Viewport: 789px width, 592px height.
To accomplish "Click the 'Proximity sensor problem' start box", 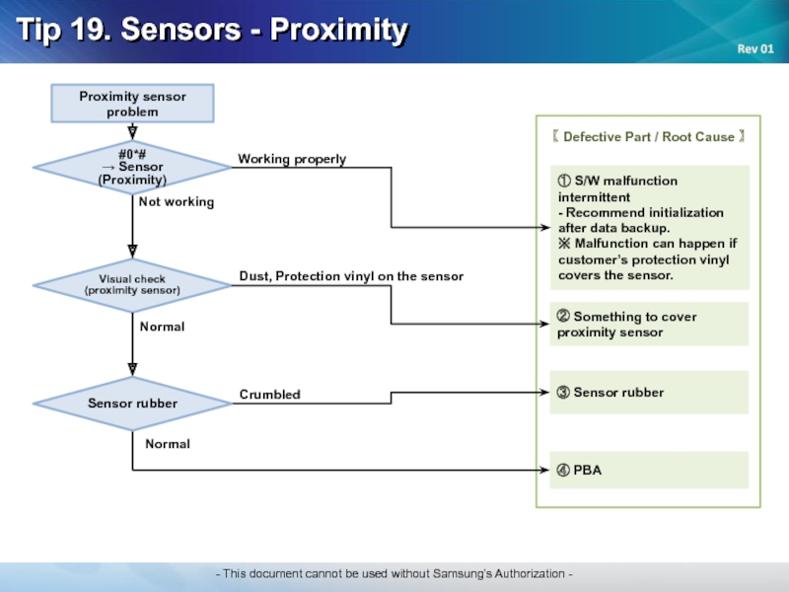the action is pos(132,104).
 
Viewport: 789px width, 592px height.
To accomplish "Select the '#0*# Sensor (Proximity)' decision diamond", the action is pos(132,167).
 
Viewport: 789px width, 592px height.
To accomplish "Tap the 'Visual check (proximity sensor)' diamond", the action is pos(132,285).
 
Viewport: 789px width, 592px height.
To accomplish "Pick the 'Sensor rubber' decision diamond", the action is pos(132,404).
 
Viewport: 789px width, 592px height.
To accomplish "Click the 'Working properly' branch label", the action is pos(292,159).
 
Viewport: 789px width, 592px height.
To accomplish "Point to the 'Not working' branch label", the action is pos(177,202).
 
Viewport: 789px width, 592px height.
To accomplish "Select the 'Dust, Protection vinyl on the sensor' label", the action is pos(351,276).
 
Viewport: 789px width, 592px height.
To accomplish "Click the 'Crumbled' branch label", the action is pos(269,394).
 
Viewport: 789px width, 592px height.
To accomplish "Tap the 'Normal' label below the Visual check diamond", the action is pos(162,327).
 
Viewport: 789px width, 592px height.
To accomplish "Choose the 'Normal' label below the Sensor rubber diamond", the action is pos(168,444).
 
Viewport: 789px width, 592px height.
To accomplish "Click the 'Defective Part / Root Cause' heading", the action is pos(649,136).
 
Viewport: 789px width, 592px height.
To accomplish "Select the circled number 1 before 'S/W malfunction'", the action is pos(564,181).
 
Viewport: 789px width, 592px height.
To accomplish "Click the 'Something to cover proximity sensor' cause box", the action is pos(649,325).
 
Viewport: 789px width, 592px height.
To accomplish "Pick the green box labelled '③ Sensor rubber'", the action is pos(649,393).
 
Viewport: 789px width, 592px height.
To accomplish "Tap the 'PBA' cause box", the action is pos(649,471).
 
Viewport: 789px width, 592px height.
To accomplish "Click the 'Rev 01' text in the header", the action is pos(755,48).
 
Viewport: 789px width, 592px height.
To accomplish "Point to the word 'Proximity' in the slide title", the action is pos(338,31).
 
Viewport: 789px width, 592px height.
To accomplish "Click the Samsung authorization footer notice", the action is pos(394,574).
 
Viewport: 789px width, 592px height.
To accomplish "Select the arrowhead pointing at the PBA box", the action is pos(544,471).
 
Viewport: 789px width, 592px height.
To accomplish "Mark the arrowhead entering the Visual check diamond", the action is pos(132,252).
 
